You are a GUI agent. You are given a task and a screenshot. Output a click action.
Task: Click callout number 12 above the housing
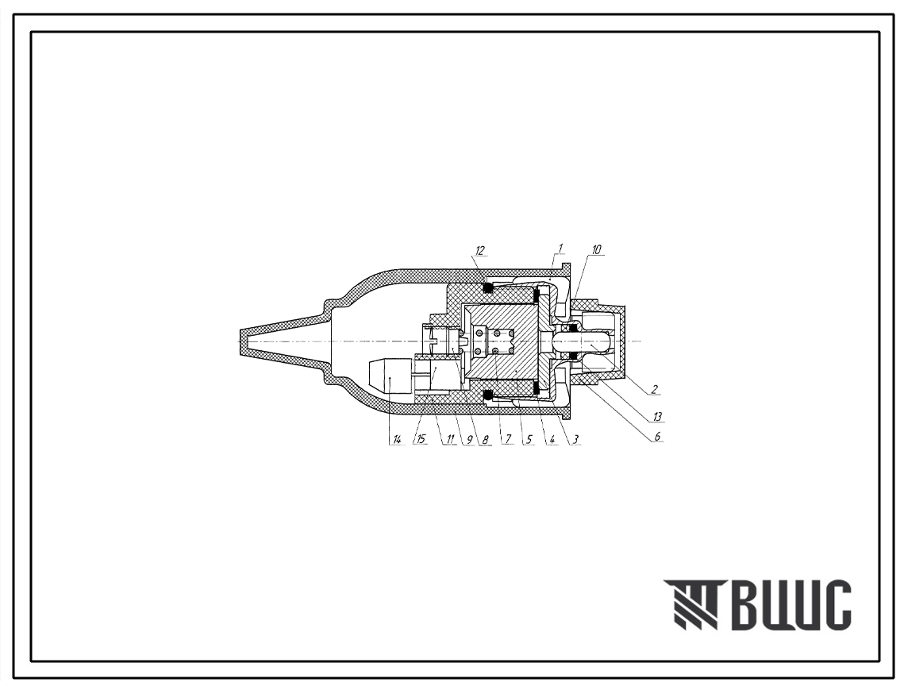[x=480, y=250]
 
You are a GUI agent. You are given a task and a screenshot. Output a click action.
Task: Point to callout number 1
[x=560, y=248]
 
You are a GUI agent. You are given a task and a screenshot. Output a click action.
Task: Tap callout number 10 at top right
[x=596, y=250]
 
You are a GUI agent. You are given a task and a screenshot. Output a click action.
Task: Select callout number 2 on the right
[x=654, y=389]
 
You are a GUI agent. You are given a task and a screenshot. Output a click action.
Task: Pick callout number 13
[x=656, y=417]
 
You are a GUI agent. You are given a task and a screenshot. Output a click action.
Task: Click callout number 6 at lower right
[x=656, y=437]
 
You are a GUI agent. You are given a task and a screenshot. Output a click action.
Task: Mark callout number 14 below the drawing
[x=396, y=440]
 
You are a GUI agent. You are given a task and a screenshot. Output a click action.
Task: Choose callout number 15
[x=421, y=440]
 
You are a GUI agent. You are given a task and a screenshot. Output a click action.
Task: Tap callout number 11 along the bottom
[x=447, y=440]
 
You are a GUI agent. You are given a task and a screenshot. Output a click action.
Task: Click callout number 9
[x=469, y=440]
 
